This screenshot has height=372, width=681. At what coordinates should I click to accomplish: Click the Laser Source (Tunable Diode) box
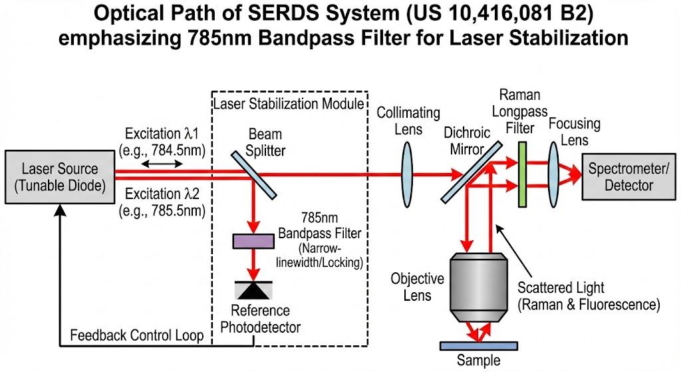point(59,176)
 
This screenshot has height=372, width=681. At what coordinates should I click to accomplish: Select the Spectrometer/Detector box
point(629,176)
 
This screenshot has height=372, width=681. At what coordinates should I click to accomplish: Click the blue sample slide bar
point(479,345)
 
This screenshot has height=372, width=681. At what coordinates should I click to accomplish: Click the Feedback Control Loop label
point(137,335)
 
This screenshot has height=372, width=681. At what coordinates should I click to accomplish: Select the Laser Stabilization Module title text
point(289,103)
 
